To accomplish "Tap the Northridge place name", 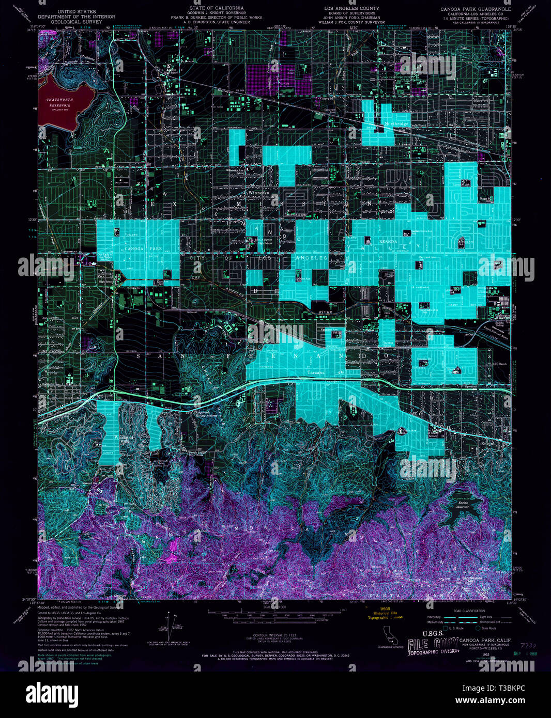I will (x=396, y=124).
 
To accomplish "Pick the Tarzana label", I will (x=316, y=372).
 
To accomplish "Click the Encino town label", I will (x=488, y=443).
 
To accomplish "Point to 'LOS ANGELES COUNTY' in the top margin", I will (x=351, y=9).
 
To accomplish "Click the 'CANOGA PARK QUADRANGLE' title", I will (x=475, y=9).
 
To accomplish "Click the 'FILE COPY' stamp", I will (x=433, y=644).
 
